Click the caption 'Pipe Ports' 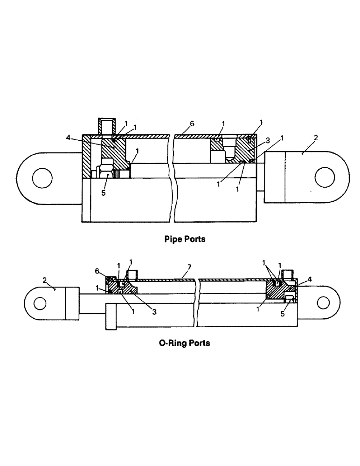point(185,240)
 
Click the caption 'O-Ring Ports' point(184,343)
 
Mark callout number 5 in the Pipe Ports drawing point(104,192)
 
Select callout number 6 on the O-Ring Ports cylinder point(97,270)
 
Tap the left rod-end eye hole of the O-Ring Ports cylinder point(40,303)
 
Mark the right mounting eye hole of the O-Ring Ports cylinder point(322,302)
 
